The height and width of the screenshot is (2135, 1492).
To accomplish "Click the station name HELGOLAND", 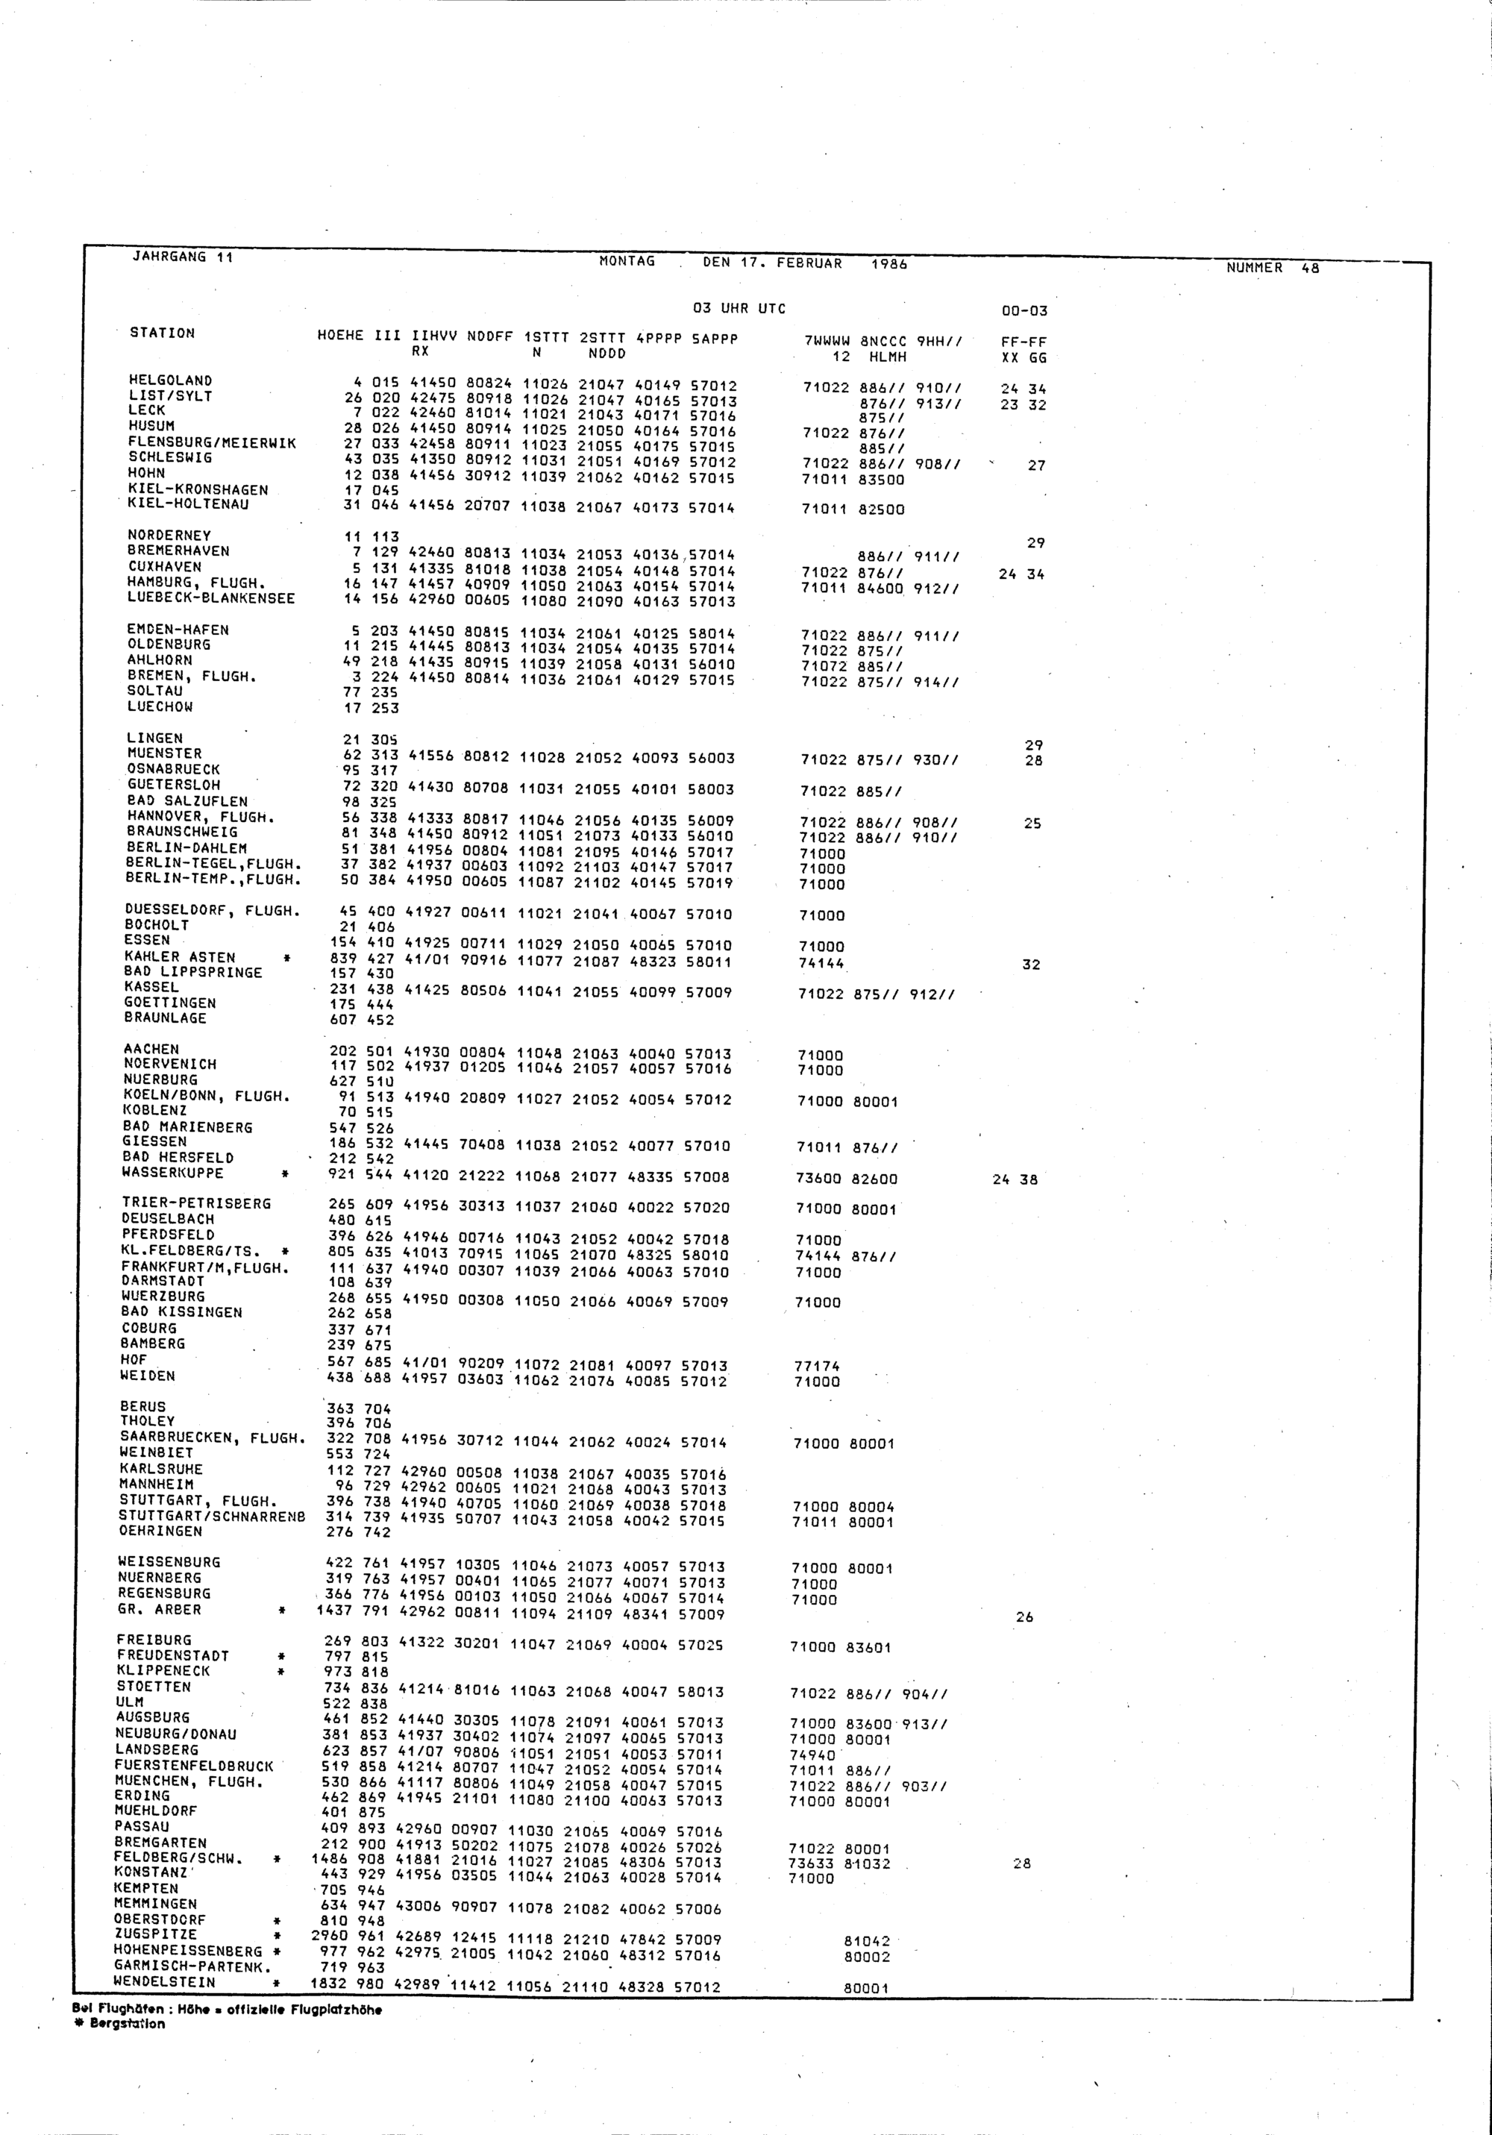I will pos(170,380).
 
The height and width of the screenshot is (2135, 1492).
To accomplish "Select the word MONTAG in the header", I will pos(627,261).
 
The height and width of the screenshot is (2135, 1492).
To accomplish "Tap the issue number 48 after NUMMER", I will pos(1310,268).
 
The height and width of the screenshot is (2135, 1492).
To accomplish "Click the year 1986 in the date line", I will pos(889,264).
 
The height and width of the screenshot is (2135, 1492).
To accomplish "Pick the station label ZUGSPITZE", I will pos(155,1934).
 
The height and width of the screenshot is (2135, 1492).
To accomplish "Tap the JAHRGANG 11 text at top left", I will pos(182,257).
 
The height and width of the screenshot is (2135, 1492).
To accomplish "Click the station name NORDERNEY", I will pos(169,536).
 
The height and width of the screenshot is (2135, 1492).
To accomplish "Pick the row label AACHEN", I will pos(151,1049).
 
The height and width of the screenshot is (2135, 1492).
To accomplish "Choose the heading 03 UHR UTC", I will pos(739,309).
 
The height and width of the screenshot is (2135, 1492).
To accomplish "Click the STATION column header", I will pos(163,333).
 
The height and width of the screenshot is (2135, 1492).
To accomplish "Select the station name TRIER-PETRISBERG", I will pos(196,1203).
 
